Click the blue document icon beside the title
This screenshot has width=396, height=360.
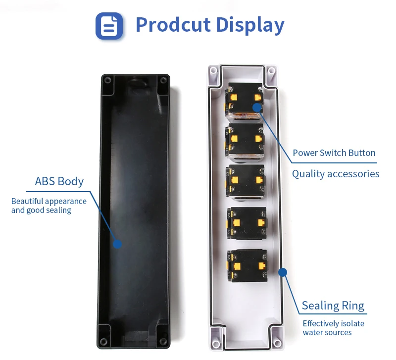pyautogui.click(x=109, y=26)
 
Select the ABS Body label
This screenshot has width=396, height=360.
pyautogui.click(x=59, y=181)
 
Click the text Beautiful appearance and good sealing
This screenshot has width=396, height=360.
pyautogui.click(x=49, y=206)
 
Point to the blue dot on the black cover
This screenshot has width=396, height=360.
pyautogui.click(x=117, y=244)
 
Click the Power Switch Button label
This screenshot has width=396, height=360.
pyautogui.click(x=334, y=153)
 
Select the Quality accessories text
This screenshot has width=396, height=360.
pyautogui.click(x=336, y=174)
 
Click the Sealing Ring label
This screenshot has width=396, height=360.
pyautogui.click(x=333, y=306)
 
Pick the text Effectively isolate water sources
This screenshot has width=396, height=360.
pyautogui.click(x=333, y=328)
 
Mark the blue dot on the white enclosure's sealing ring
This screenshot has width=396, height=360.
pyautogui.click(x=283, y=272)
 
